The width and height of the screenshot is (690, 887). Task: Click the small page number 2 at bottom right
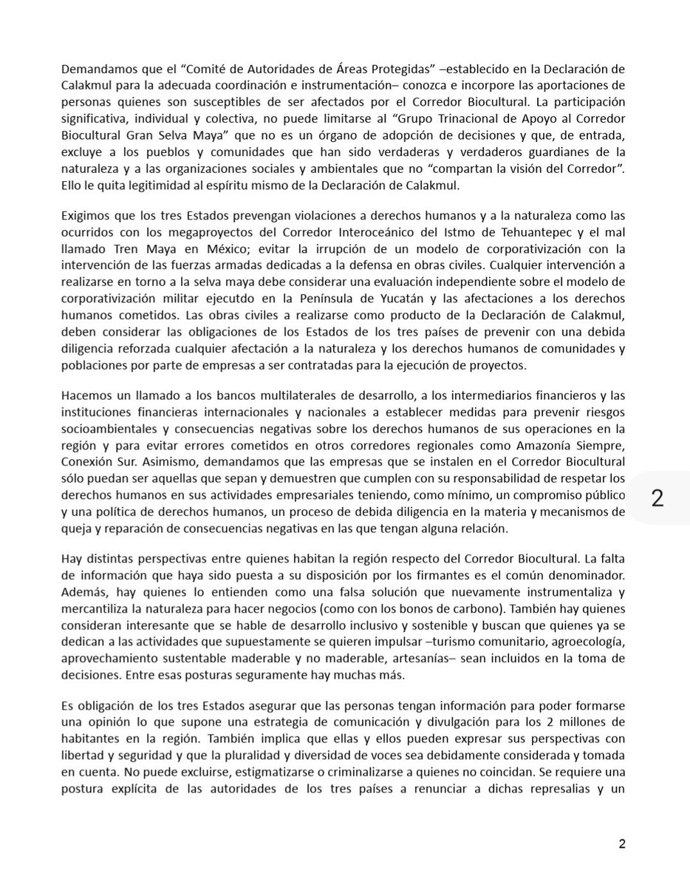(x=622, y=843)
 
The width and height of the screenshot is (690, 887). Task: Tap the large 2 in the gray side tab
(x=657, y=497)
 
